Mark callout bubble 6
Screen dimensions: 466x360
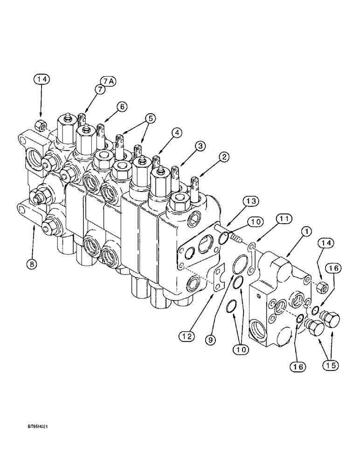[x=122, y=107]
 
